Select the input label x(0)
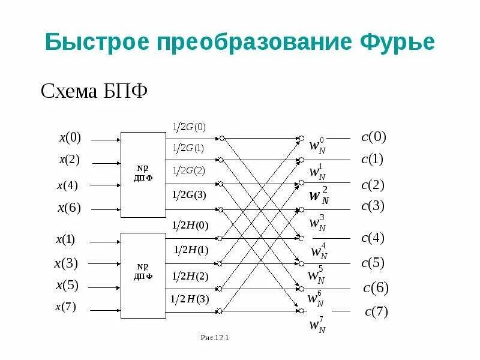70,138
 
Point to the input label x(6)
69,208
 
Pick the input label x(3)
66,263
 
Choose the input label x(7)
66,308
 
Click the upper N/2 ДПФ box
143,174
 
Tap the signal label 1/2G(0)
189,127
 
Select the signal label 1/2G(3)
189,194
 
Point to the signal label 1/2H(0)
190,226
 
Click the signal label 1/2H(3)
190,298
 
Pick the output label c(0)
374,137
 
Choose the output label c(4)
373,238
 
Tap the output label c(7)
377,312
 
